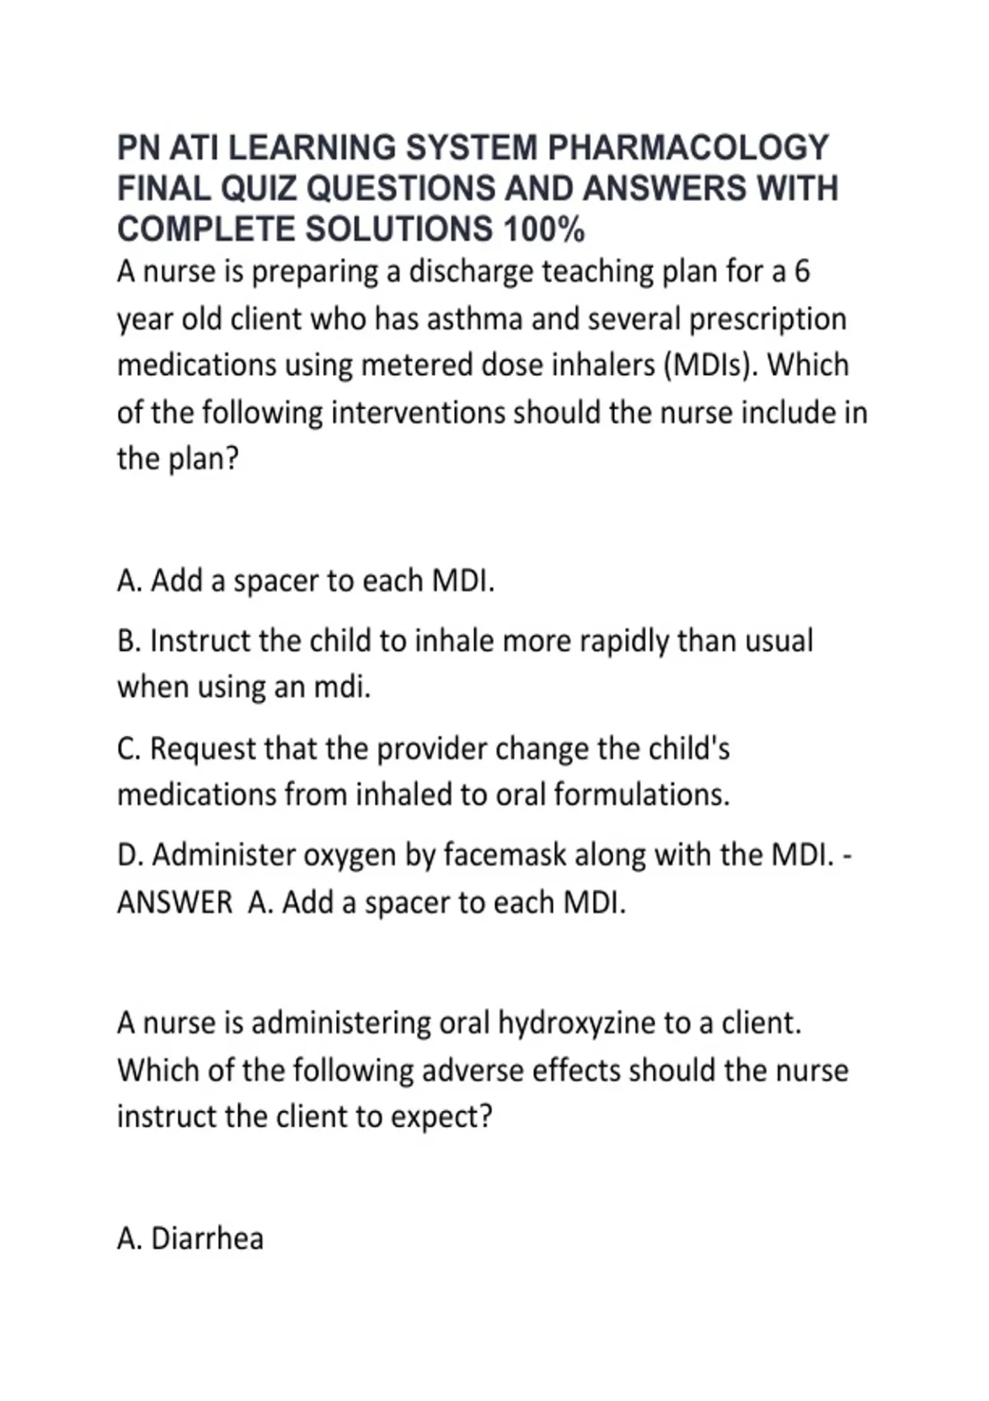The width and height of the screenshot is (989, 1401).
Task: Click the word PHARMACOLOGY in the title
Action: click(x=688, y=148)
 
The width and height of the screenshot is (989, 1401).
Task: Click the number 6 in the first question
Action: click(x=802, y=272)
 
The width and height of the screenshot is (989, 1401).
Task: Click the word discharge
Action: click(x=471, y=272)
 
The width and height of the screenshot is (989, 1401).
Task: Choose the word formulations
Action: click(x=641, y=794)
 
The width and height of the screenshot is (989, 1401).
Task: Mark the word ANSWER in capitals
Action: click(x=175, y=902)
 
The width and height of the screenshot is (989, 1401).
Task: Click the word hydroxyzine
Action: click(x=577, y=1024)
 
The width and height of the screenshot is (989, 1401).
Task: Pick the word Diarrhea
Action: click(x=207, y=1239)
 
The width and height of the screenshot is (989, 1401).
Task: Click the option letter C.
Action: click(x=129, y=748)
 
